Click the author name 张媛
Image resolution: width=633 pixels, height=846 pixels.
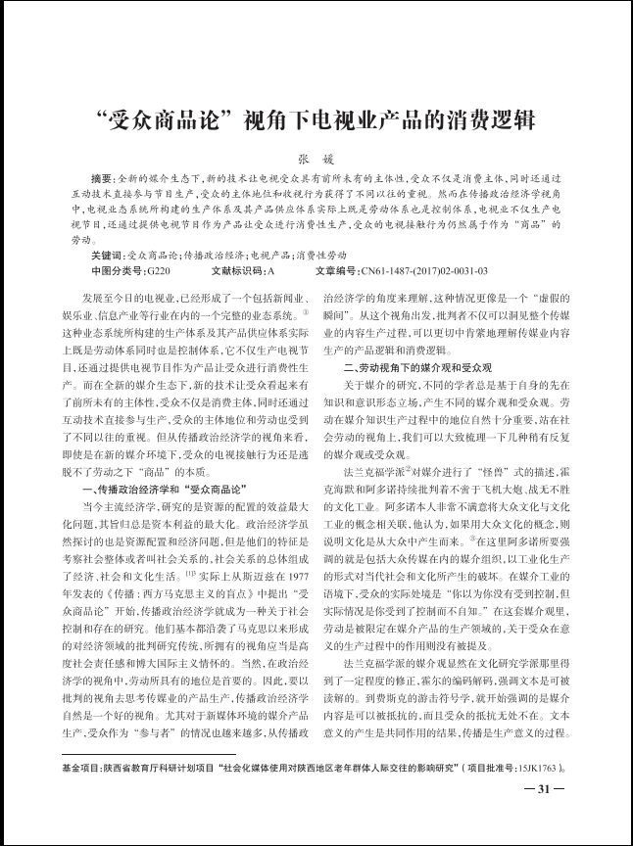click(x=316, y=160)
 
